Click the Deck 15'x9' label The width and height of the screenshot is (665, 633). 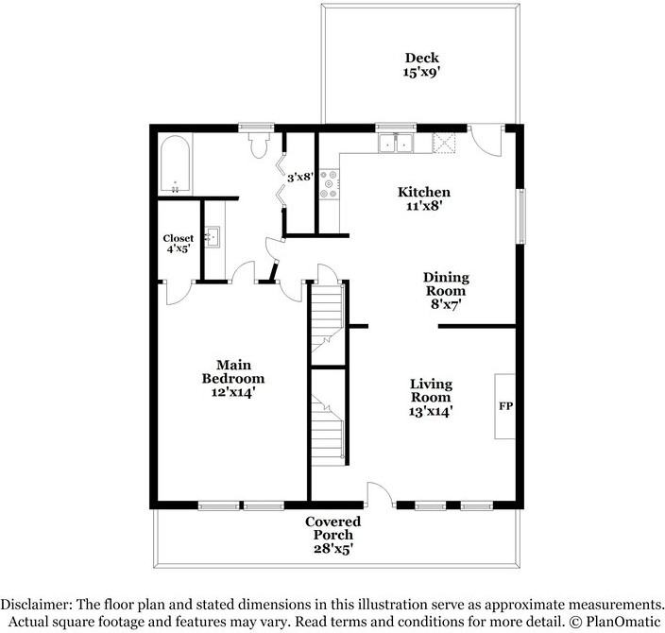point(421,64)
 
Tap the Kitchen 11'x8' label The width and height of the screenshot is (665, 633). point(424,198)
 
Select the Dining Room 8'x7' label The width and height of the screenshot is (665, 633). point(446,291)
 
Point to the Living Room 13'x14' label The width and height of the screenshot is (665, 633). point(431,398)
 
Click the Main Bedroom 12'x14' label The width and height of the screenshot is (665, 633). point(232,379)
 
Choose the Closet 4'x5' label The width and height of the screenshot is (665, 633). point(179,244)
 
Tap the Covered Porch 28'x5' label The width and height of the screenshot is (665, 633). point(332,535)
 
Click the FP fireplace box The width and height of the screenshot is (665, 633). point(504,406)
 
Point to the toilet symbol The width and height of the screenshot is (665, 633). point(258,144)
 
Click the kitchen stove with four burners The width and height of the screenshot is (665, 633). point(329,183)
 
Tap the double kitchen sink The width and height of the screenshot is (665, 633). point(396,143)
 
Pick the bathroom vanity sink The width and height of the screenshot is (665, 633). point(212,237)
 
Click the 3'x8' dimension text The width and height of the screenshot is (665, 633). point(300,177)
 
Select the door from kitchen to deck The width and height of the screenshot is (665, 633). point(486,140)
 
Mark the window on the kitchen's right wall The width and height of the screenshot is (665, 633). point(520,216)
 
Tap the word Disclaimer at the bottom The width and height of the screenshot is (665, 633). point(36,604)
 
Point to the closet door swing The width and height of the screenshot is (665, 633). point(178,293)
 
